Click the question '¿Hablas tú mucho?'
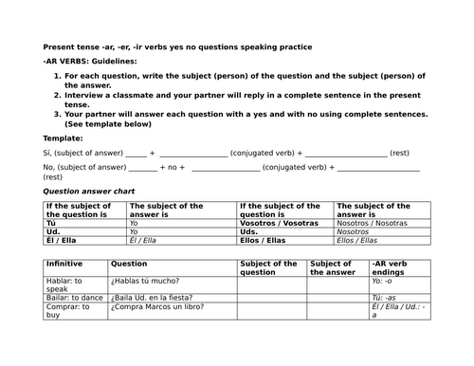coord(145,282)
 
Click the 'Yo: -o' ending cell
coord(383,282)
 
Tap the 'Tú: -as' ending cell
coord(384,297)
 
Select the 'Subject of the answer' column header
coord(331,268)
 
